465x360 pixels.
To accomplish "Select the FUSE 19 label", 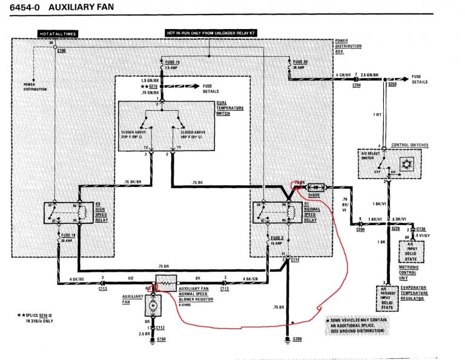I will point(173,62).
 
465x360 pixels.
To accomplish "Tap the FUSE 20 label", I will point(300,62).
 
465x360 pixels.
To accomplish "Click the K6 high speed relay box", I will point(67,213).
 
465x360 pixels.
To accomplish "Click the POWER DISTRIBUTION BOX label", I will point(349,48).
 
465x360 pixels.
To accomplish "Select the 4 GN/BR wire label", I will point(345,74).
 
